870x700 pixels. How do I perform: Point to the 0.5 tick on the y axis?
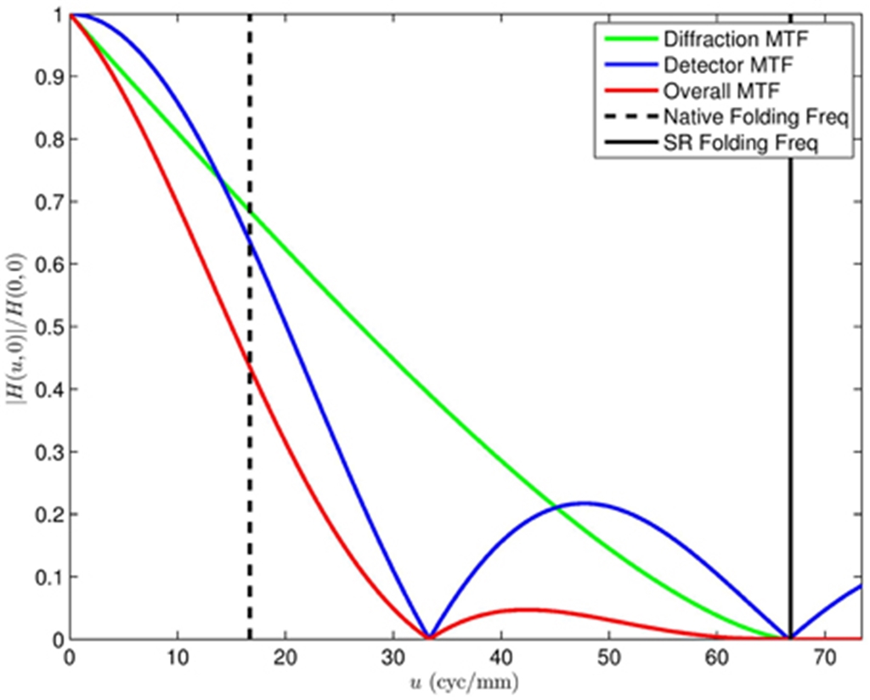tap(50, 327)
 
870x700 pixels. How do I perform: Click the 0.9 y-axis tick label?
tap(50, 77)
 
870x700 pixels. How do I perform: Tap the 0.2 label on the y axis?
tap(50, 515)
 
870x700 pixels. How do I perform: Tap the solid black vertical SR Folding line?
tap(791, 382)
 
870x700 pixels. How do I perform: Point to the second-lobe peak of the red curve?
tap(527, 609)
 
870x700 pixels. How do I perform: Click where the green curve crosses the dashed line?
tap(250, 208)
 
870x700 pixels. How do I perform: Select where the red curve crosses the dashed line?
tap(250, 364)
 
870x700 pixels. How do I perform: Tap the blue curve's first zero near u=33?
tap(429, 637)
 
